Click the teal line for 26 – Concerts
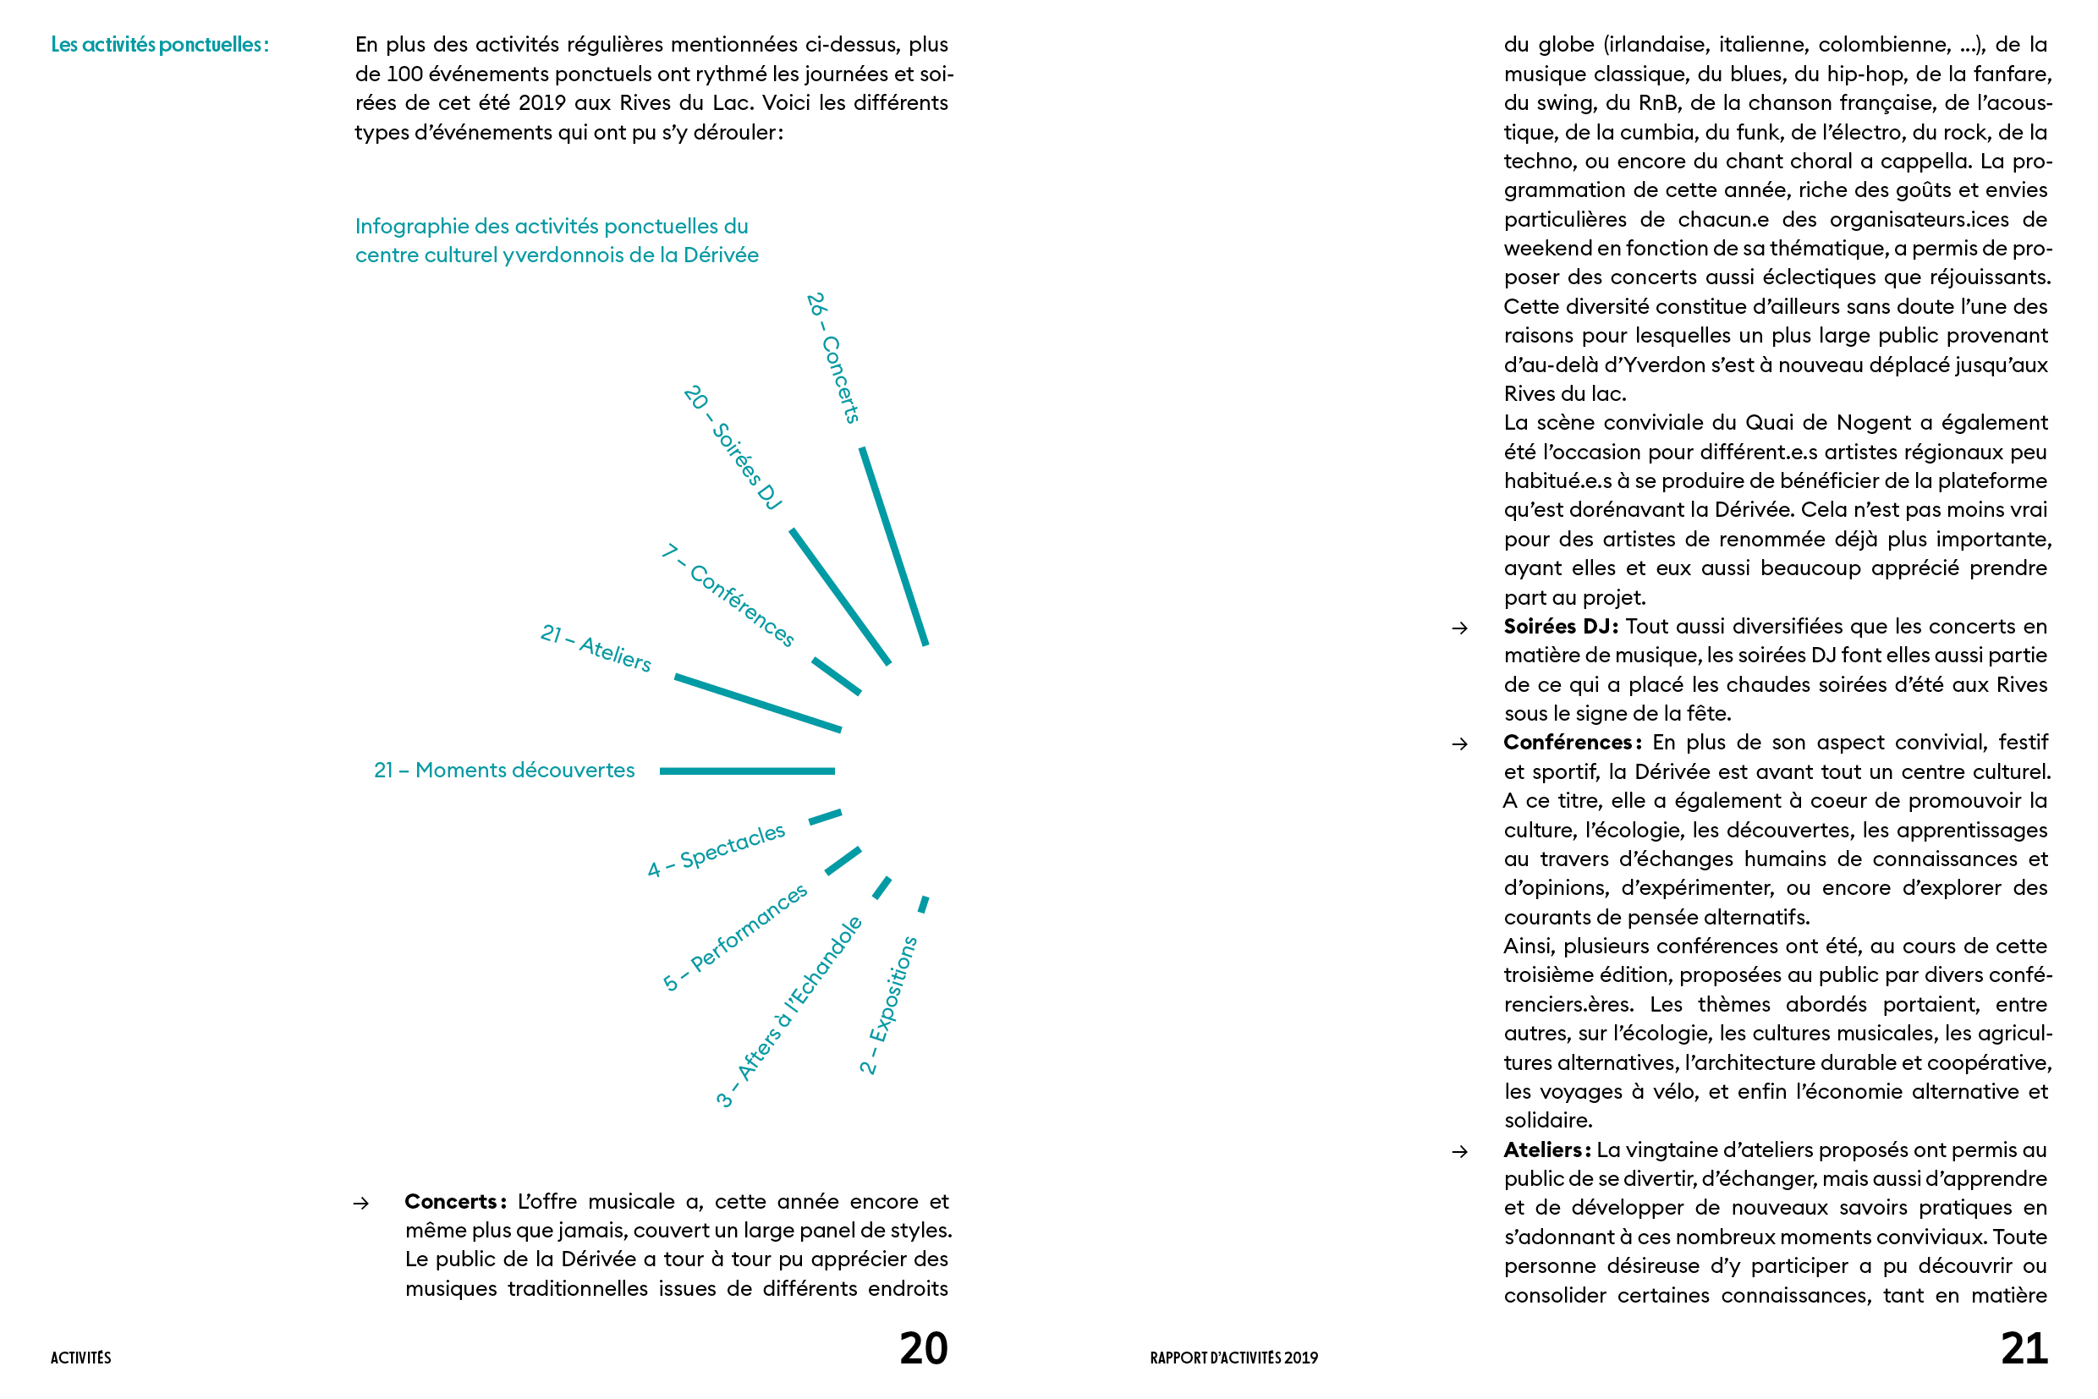tap(894, 546)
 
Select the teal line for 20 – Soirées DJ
tap(840, 597)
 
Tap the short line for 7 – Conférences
tap(836, 677)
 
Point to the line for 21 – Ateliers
tap(758, 703)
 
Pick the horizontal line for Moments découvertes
tap(747, 771)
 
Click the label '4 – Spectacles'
tap(717, 850)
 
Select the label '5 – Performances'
tap(734, 938)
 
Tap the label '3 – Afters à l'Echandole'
tap(789, 1012)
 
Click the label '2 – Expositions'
tap(888, 1005)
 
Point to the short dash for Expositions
tap(924, 905)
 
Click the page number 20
tap(923, 1348)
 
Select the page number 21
tap(2024, 1348)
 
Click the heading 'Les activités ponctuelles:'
tap(160, 45)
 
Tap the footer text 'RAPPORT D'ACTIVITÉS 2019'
tap(1233, 1358)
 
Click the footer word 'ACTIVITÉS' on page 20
tap(81, 1358)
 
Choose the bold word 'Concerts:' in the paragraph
tap(455, 1202)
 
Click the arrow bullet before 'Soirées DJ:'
tap(1460, 628)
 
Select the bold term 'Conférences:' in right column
tap(1572, 743)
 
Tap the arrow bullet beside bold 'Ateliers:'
tap(1460, 1152)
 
